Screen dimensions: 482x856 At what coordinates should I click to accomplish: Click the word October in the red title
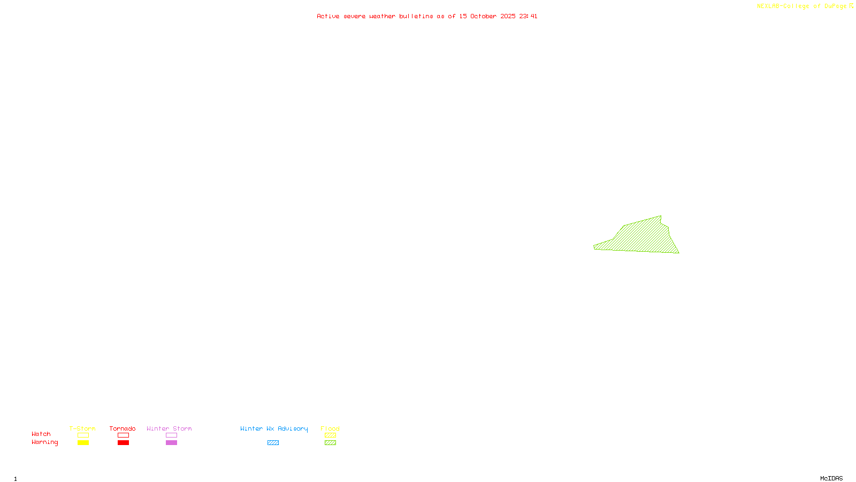483,16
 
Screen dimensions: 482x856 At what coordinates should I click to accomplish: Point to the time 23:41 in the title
528,16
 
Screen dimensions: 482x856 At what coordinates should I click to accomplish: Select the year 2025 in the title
508,16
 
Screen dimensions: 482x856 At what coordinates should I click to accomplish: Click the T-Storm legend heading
82,428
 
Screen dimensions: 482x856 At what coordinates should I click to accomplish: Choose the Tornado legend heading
123,428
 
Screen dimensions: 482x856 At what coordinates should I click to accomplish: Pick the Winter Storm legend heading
169,428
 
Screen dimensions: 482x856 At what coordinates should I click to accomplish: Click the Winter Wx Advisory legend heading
274,428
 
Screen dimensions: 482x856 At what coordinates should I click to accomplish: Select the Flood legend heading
330,428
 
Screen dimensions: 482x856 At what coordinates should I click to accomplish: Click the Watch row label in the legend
41,434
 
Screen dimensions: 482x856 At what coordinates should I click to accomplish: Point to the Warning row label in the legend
45,442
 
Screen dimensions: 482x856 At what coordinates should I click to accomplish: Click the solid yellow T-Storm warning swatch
83,443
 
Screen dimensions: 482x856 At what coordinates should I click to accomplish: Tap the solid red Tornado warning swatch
123,443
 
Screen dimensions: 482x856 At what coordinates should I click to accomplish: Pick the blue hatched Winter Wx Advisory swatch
273,443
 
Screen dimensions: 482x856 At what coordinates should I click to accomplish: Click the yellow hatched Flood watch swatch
330,435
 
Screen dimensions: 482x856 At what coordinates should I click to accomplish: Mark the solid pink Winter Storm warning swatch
171,443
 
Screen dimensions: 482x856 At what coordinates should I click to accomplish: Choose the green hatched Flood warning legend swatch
330,443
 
